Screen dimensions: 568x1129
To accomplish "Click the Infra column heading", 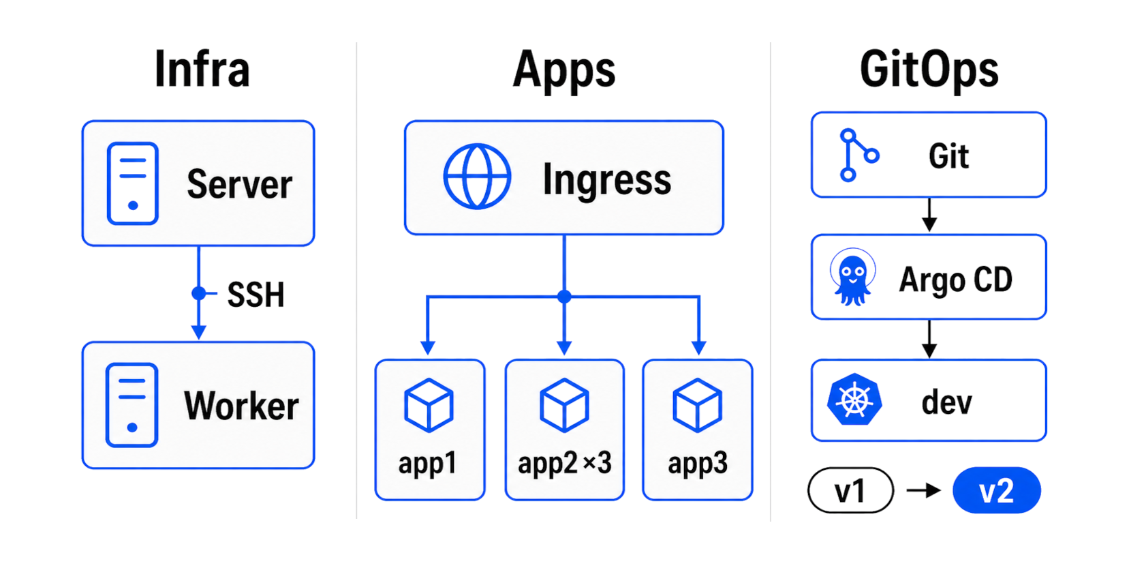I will [x=202, y=69].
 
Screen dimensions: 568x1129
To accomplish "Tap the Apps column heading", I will [x=563, y=70].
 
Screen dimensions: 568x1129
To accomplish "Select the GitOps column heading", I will [x=929, y=70].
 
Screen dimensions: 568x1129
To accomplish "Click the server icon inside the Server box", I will [x=133, y=183].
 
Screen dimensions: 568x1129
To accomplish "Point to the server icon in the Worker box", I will [x=132, y=405].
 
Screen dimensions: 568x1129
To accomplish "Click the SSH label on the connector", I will [x=256, y=295].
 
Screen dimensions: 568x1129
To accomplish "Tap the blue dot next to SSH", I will [x=198, y=293].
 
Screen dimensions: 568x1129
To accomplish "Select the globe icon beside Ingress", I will [x=477, y=177].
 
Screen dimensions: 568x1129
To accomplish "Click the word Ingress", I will [x=606, y=179].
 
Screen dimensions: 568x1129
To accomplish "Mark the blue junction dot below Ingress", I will [x=564, y=297].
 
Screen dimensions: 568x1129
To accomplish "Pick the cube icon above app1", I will [x=429, y=406].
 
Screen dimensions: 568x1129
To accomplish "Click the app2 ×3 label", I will [x=564, y=463].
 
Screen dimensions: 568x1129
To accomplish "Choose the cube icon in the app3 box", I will [x=697, y=406].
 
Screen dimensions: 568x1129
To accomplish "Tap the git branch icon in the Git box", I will [x=857, y=155].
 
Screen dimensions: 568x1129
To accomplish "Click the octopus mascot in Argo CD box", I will [x=852, y=278].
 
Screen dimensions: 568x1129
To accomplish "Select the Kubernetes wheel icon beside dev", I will [x=854, y=400].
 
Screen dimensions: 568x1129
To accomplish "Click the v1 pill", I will [x=850, y=490].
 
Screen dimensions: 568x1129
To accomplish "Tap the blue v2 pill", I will [x=996, y=490].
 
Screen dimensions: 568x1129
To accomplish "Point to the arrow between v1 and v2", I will [x=923, y=490].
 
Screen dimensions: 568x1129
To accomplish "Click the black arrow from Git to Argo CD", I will [x=929, y=215].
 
